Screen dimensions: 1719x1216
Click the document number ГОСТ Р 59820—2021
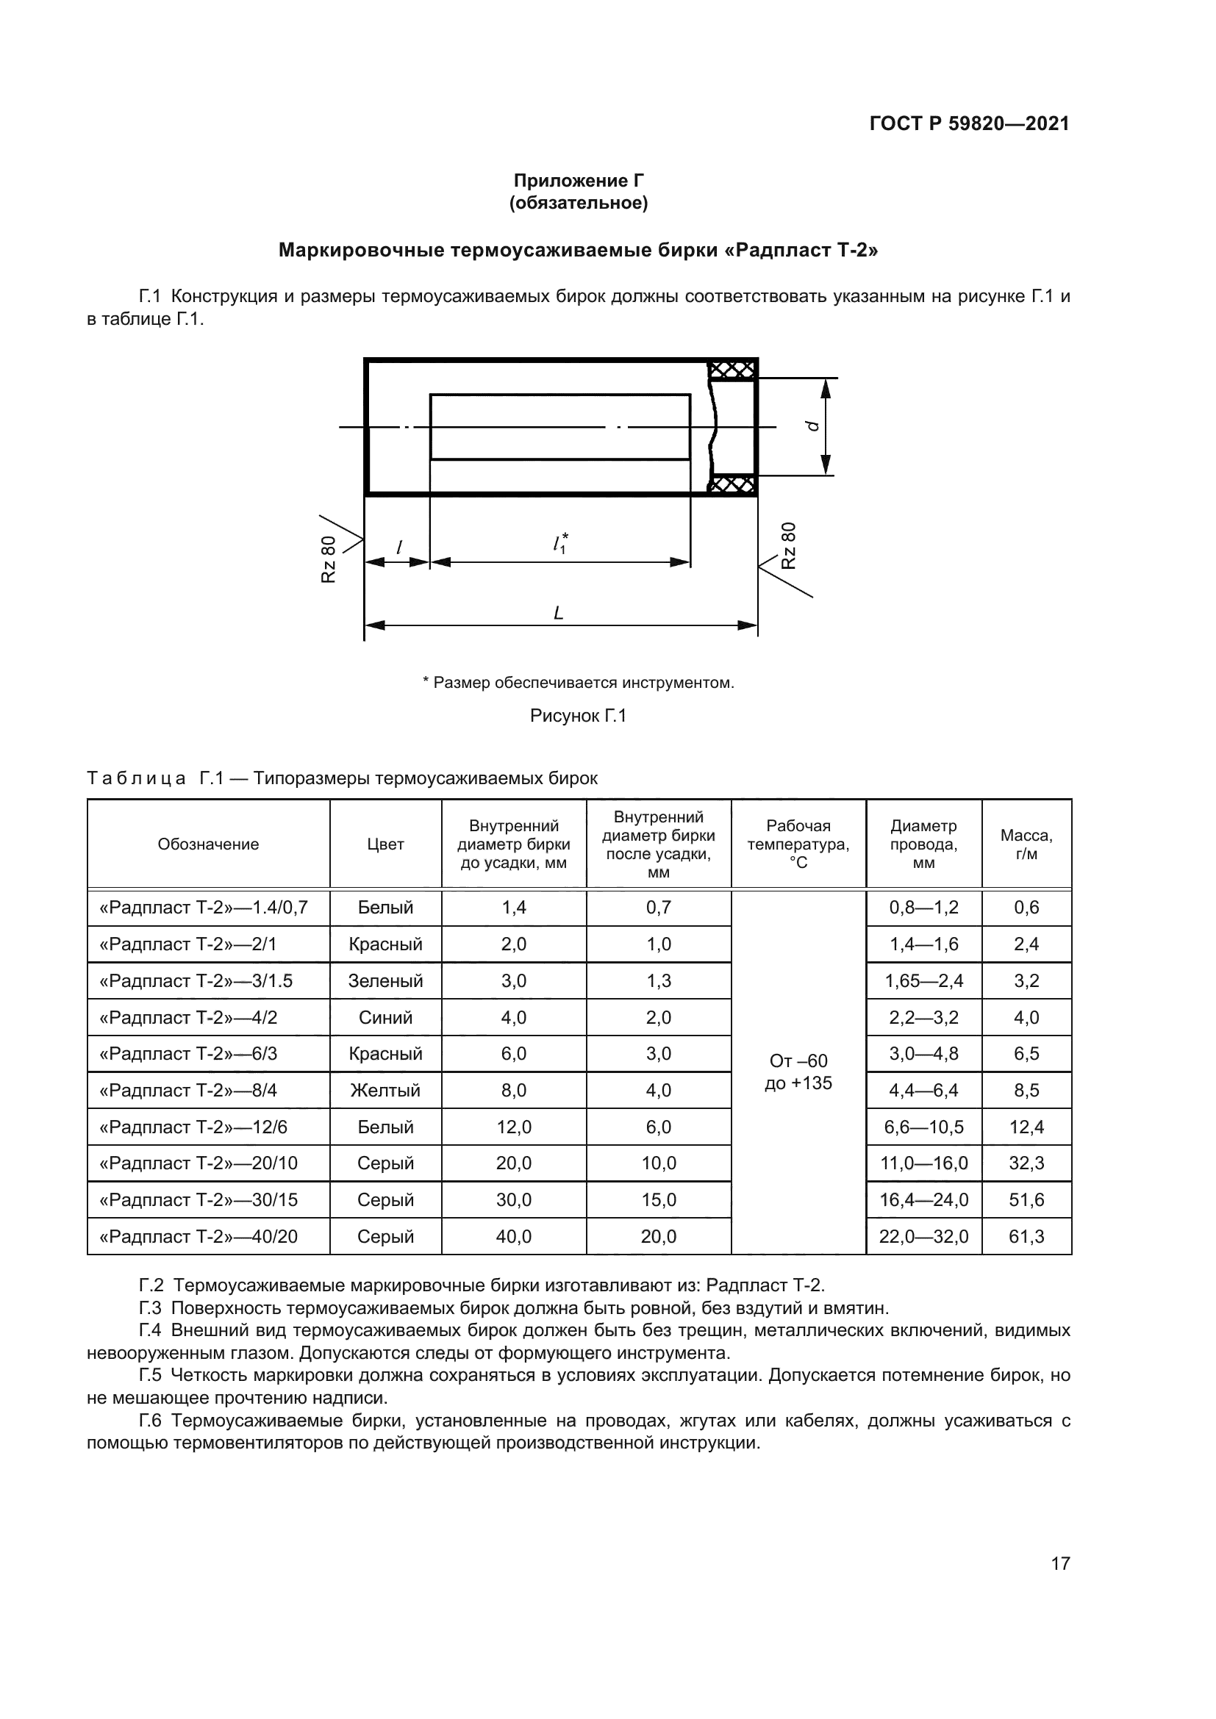(x=969, y=123)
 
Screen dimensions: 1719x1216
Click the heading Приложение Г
(x=578, y=181)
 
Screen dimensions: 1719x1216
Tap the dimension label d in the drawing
(x=811, y=426)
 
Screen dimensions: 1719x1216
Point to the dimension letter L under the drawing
(x=558, y=613)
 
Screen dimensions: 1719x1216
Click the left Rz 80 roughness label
(x=329, y=559)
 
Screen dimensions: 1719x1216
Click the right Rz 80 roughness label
(x=788, y=545)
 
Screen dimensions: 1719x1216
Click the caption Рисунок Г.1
(x=578, y=716)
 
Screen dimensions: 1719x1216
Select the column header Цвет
(x=386, y=844)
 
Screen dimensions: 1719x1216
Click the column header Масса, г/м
(x=1026, y=844)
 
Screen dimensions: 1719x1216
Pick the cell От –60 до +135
(x=798, y=1072)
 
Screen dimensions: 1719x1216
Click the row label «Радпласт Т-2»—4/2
(x=188, y=1017)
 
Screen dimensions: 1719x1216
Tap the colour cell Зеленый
(x=386, y=981)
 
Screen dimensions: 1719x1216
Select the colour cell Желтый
(x=386, y=1090)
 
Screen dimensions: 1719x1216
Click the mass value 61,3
(x=1026, y=1237)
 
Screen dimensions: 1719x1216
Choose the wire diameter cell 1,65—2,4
(x=924, y=981)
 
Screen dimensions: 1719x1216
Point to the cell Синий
(x=386, y=1017)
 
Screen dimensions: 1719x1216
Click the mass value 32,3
(x=1026, y=1163)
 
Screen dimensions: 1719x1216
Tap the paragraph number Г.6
(x=151, y=1421)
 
